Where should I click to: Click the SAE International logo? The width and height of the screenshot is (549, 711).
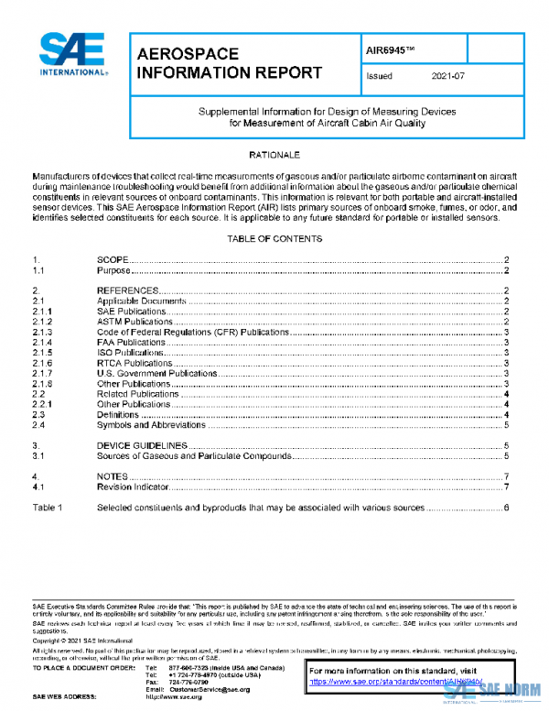pos(72,56)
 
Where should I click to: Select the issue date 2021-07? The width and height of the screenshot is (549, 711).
pos(447,76)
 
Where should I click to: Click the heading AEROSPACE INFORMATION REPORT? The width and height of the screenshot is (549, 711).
pos(228,63)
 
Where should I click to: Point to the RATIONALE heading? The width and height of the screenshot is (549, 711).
pos(274,156)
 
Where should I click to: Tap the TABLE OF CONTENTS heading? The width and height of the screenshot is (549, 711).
pos(274,238)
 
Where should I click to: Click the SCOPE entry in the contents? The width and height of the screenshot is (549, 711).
pos(113,261)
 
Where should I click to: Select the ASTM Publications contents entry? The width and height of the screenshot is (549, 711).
pos(135,322)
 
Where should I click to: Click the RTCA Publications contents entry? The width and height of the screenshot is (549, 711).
pos(135,363)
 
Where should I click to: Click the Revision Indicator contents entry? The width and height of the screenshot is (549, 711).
pos(135,487)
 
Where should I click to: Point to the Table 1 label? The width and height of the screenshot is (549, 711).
pos(48,507)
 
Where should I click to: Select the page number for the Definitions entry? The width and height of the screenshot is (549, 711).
pos(506,415)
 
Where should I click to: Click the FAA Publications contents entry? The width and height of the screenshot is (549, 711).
pos(131,342)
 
